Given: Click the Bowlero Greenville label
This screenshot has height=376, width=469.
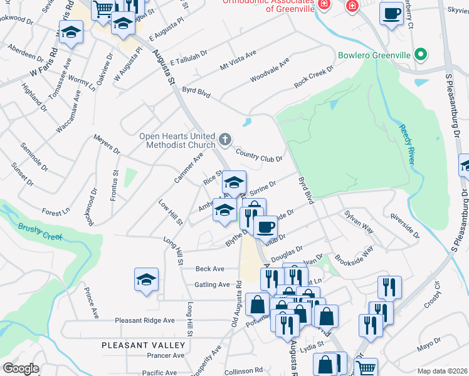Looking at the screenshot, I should [374, 55].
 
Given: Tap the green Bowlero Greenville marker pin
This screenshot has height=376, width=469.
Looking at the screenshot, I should [422, 55].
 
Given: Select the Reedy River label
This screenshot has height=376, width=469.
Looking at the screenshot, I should [406, 144].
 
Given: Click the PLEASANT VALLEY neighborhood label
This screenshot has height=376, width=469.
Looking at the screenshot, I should [144, 345].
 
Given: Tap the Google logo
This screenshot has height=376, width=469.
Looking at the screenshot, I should [21, 368].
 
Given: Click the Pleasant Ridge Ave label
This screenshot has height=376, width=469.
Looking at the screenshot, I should [145, 320].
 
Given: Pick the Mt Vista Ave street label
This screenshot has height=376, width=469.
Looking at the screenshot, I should [238, 61].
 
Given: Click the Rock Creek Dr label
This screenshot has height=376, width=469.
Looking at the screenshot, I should [313, 81].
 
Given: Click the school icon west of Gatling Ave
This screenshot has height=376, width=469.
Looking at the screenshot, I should [146, 280].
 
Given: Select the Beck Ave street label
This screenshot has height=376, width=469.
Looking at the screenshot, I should [209, 269].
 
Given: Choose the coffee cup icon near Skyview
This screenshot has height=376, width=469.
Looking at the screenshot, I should [392, 14].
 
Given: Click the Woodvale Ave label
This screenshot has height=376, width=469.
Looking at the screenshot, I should [269, 70].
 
